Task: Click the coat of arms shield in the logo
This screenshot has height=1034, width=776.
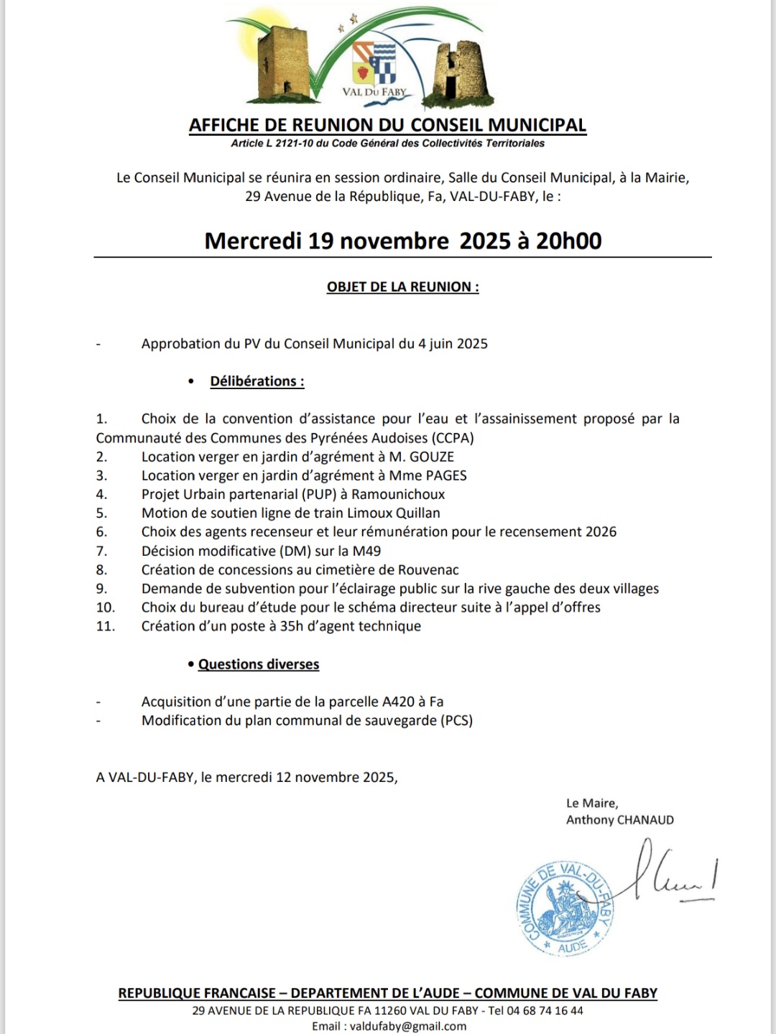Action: coord(374,63)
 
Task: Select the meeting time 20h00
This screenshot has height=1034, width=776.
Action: coord(568,241)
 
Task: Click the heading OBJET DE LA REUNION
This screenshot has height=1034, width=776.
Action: coord(402,287)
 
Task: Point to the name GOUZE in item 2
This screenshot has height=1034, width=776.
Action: coord(431,457)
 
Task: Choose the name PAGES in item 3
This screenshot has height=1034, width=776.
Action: coord(446,475)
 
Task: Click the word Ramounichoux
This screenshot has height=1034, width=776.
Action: coord(398,494)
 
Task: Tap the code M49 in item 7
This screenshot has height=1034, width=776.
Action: coord(366,551)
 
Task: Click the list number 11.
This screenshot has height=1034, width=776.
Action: coord(106,626)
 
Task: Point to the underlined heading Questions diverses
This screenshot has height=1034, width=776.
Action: coord(259,664)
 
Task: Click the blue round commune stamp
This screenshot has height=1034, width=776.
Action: coord(566,908)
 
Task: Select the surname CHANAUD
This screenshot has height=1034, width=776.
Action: coord(646,820)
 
